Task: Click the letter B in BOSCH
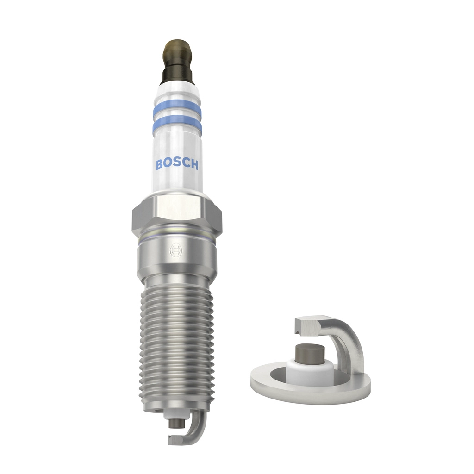[159, 164]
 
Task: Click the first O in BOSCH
[168, 164]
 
